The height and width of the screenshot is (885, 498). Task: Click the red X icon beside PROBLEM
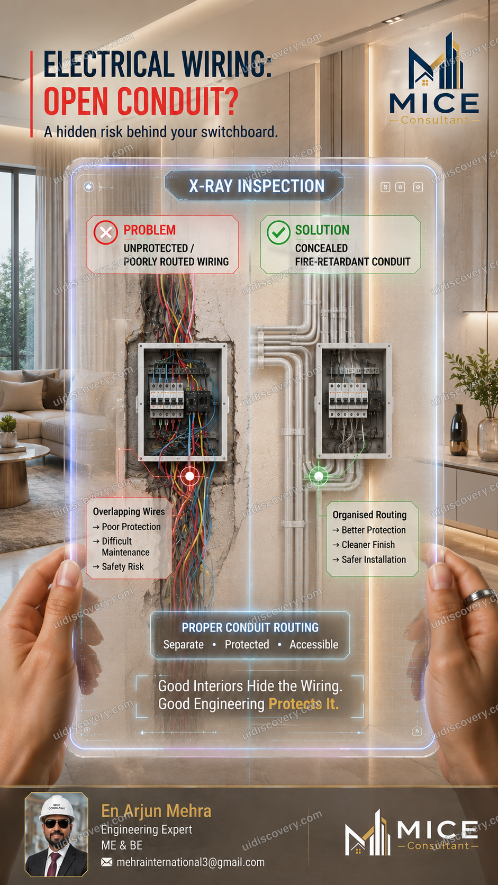(x=106, y=232)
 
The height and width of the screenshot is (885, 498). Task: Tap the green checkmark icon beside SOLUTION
(x=279, y=232)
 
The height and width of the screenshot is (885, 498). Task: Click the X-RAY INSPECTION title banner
(x=255, y=186)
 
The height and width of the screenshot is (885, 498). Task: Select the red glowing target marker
(x=189, y=476)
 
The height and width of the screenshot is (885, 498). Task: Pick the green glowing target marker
(x=319, y=476)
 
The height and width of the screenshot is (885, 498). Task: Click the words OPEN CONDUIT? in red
(x=141, y=101)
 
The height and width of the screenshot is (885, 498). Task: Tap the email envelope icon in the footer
(x=106, y=862)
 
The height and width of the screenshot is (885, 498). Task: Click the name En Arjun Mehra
(x=157, y=811)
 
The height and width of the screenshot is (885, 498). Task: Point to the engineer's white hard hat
(x=57, y=808)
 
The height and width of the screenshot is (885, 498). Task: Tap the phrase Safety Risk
(x=123, y=566)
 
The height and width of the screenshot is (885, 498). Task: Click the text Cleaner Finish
(x=368, y=545)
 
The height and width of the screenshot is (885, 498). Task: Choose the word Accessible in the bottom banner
(x=314, y=644)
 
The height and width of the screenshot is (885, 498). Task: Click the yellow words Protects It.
(x=304, y=704)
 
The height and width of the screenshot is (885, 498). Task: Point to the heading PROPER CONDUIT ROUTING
(x=250, y=627)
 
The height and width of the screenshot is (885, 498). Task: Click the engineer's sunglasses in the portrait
(x=57, y=824)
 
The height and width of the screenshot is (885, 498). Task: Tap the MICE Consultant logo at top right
(x=434, y=79)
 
